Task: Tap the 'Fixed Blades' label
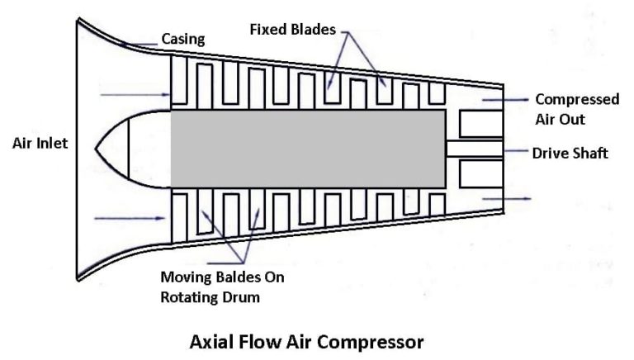coord(292,30)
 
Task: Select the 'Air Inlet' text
coord(40,143)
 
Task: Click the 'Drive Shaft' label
coord(570,153)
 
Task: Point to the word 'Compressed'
coord(577,99)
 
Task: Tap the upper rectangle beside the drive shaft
coord(480,124)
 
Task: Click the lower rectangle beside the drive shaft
coord(480,173)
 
